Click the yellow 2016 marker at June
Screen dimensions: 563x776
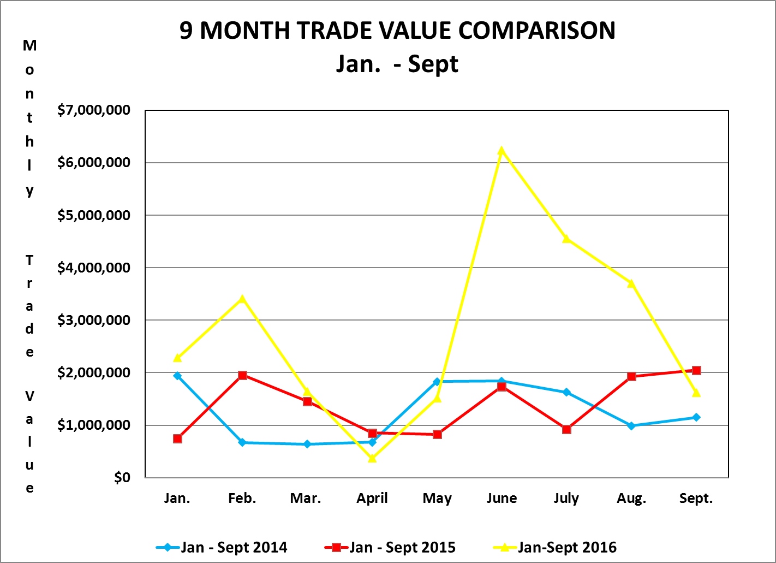point(502,151)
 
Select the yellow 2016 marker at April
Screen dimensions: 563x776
point(372,458)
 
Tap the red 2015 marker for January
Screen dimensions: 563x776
point(177,438)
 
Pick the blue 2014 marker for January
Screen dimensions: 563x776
point(177,376)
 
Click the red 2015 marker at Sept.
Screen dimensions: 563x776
point(696,370)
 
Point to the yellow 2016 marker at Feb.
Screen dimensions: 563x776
point(242,299)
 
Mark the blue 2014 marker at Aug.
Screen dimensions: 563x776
point(631,425)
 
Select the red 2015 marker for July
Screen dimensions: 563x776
point(566,429)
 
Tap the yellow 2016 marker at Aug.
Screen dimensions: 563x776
point(631,283)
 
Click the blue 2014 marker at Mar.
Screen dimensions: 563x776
point(307,444)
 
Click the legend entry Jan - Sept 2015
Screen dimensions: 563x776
point(390,547)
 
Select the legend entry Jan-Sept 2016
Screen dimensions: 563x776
point(555,547)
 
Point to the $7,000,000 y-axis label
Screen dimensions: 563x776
point(94,110)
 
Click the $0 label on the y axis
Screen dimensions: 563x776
point(122,478)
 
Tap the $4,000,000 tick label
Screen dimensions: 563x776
point(94,268)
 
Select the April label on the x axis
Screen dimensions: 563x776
point(372,498)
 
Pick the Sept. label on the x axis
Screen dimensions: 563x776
point(696,498)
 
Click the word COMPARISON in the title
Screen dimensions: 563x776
point(537,31)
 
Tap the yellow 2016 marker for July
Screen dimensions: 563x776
point(566,239)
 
